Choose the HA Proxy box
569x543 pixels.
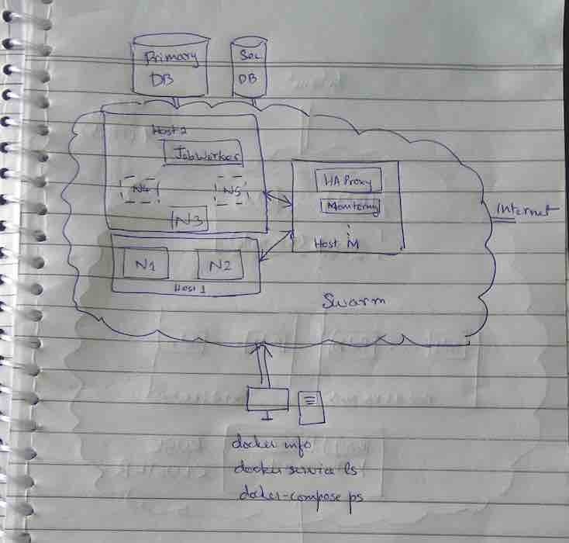point(347,181)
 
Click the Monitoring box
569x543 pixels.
point(351,207)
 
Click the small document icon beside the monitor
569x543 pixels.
point(311,406)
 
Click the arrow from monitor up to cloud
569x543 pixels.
point(264,364)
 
